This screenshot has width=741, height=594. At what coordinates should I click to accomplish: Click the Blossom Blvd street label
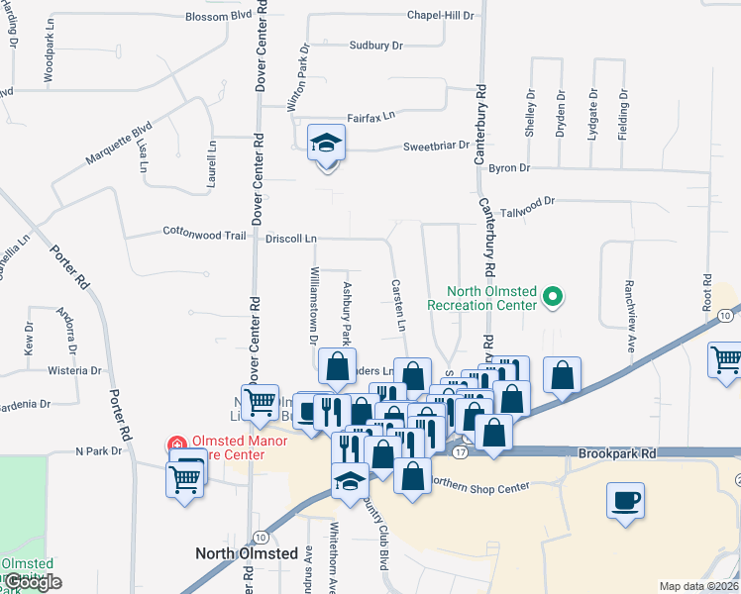tap(218, 17)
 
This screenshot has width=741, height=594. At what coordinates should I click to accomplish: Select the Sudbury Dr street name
tap(375, 46)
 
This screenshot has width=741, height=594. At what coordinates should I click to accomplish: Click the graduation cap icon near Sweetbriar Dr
tap(325, 144)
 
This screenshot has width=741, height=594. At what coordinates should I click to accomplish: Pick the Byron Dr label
tap(510, 168)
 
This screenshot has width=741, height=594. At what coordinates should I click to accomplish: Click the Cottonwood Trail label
tap(204, 235)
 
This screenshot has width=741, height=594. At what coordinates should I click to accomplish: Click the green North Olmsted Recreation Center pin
tap(555, 296)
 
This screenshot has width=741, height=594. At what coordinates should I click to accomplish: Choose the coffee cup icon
tap(626, 499)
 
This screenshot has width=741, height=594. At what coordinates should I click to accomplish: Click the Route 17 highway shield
tap(460, 451)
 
